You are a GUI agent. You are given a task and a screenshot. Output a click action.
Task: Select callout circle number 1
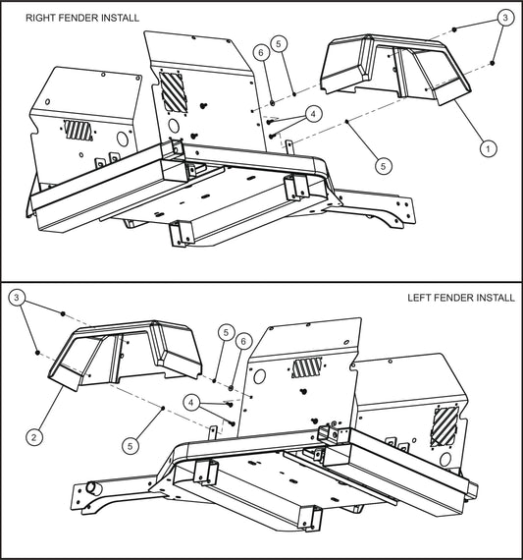(x=486, y=148)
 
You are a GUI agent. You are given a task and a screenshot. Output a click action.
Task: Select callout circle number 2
(x=34, y=436)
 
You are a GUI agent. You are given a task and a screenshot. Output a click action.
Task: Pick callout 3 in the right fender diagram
(x=504, y=18)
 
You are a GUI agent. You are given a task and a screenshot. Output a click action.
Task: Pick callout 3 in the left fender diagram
(x=18, y=296)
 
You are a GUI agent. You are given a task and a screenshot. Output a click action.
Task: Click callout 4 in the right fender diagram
(x=312, y=113)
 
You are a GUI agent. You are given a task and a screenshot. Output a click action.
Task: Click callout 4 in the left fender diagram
(x=193, y=401)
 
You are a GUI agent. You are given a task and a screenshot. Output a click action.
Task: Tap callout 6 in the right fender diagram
(x=261, y=51)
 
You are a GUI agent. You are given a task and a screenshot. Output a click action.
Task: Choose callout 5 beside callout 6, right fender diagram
(x=280, y=43)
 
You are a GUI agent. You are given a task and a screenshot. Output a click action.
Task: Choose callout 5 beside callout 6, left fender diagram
(x=226, y=332)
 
